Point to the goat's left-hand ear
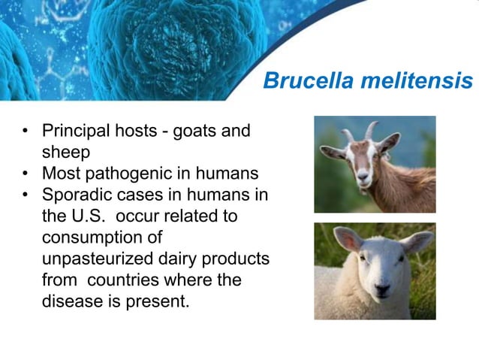(332, 153)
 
